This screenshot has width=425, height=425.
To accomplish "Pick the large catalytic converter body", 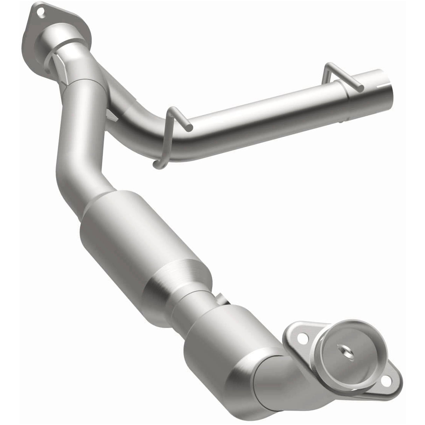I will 140,238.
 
